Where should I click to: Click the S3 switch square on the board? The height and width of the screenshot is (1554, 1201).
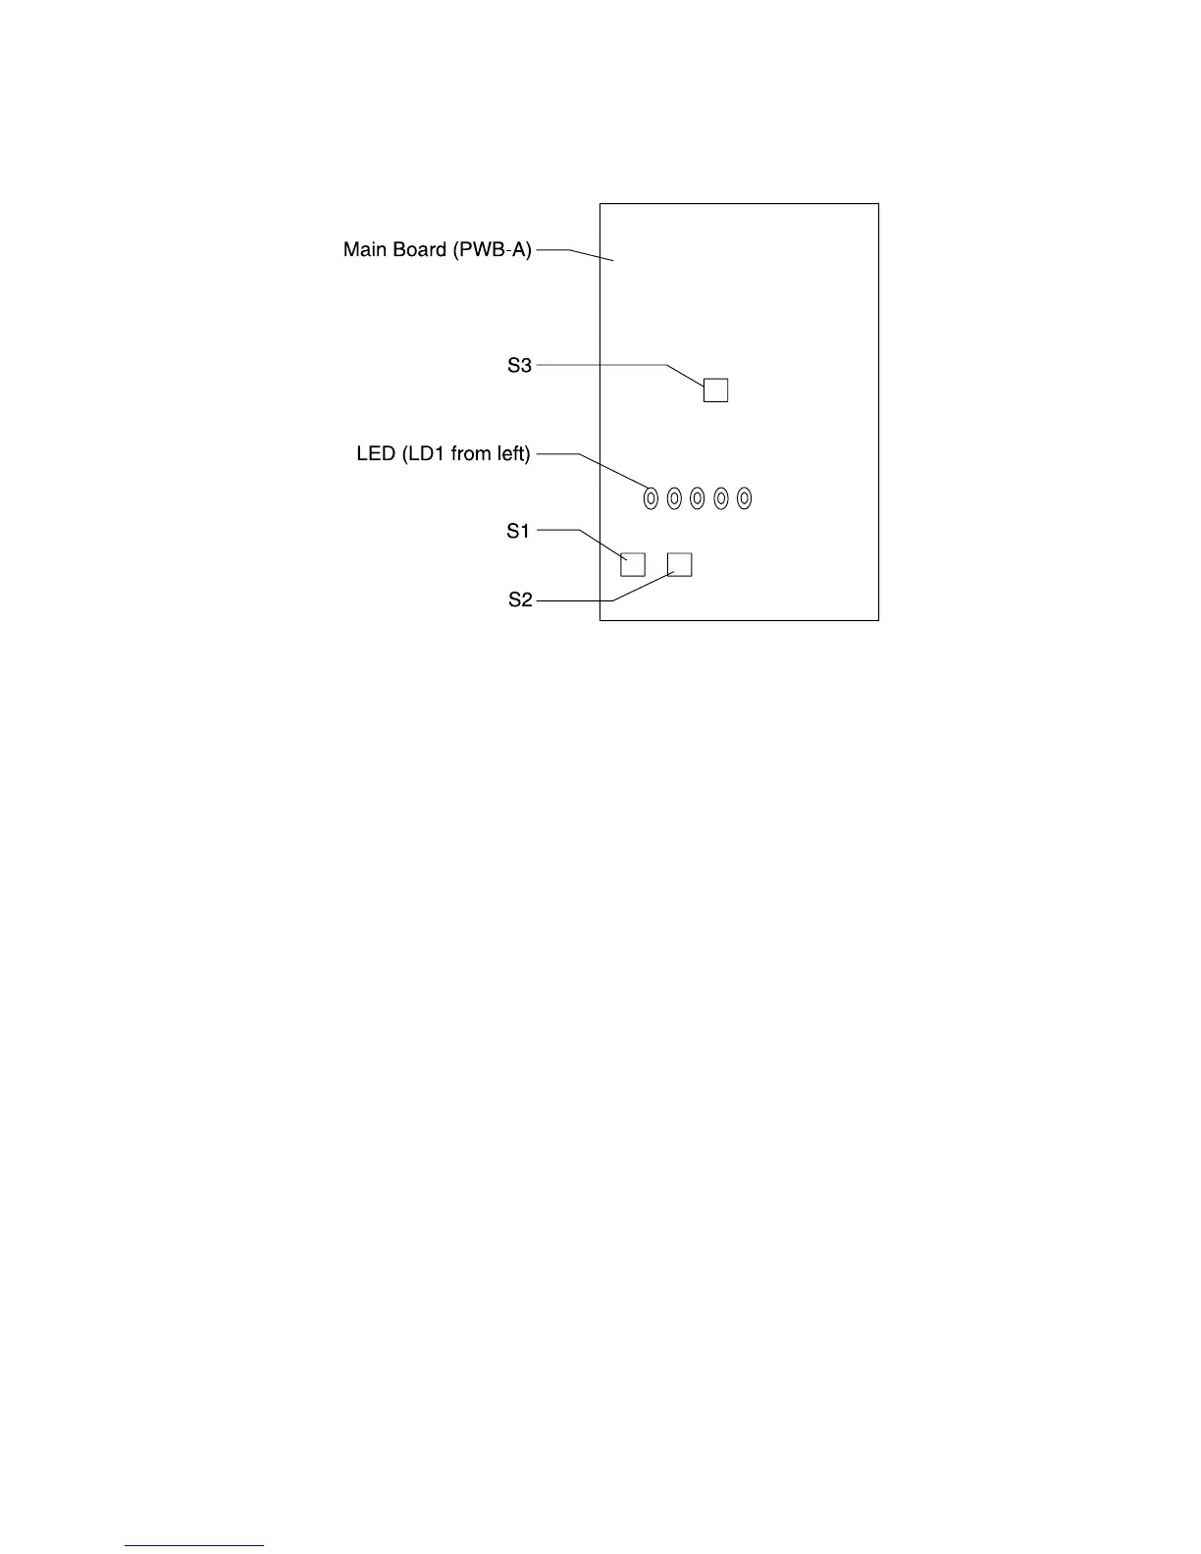tap(715, 389)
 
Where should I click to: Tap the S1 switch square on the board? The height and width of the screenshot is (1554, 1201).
tap(633, 564)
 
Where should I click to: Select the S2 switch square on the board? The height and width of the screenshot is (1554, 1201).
tap(679, 564)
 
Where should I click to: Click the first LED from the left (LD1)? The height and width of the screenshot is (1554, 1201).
tap(651, 499)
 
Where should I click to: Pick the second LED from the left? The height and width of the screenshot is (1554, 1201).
tap(674, 499)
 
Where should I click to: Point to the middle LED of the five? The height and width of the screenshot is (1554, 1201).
tap(698, 499)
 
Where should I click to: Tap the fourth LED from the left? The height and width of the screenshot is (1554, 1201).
tap(721, 499)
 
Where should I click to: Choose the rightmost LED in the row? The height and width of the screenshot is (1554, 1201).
tap(745, 499)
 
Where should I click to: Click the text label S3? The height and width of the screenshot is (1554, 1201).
tap(519, 365)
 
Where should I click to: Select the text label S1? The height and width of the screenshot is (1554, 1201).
tap(518, 531)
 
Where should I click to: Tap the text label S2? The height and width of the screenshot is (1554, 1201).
tap(520, 599)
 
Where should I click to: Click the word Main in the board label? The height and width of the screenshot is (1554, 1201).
tap(365, 250)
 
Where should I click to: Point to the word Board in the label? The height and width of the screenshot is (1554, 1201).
tap(419, 250)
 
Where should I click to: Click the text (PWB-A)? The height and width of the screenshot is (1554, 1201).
tap(492, 250)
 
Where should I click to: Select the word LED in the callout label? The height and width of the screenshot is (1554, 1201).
tap(376, 454)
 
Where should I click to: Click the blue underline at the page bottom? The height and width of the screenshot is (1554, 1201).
tap(194, 1545)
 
